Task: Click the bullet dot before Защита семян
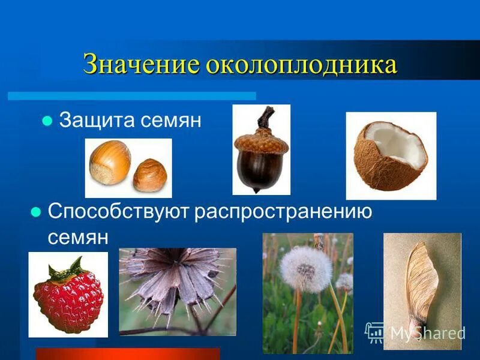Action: coord(46,121)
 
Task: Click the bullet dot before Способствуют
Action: coord(35,212)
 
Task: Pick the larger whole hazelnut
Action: coord(110,161)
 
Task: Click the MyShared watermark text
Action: coord(427,334)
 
